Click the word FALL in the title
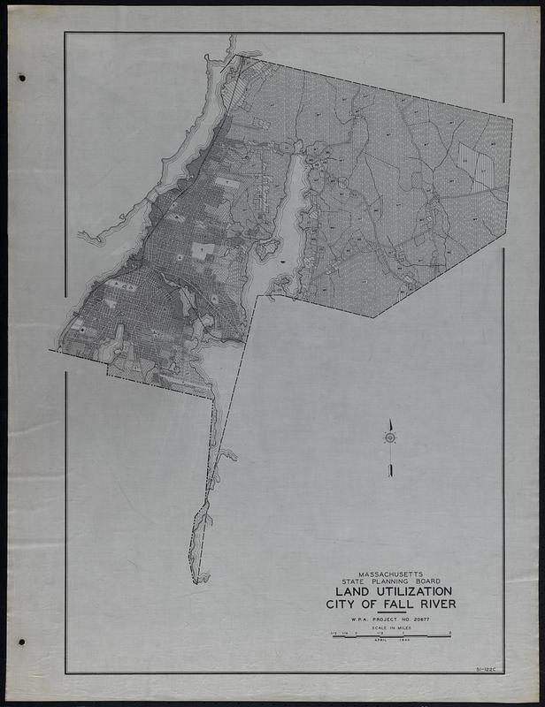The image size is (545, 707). click(393, 604)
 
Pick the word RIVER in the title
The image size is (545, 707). click(434, 604)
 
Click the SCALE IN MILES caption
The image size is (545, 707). click(391, 628)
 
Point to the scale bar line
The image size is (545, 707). click(391, 635)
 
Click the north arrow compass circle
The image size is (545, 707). click(389, 437)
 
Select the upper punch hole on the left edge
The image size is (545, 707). click(23, 78)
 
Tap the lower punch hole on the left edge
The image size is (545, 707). click(22, 642)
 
